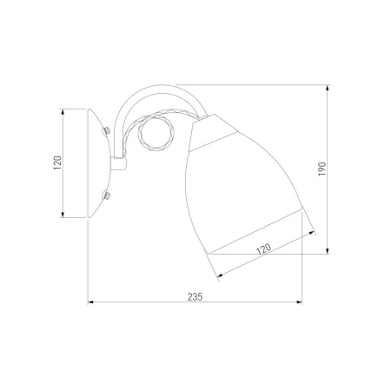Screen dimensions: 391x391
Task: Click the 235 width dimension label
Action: click(x=195, y=296)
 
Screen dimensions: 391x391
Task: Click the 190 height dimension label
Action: click(x=322, y=169)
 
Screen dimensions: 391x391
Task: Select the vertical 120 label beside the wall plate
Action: click(x=58, y=162)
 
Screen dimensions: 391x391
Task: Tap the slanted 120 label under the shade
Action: click(x=263, y=249)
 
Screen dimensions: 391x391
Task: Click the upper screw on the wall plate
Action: click(x=106, y=130)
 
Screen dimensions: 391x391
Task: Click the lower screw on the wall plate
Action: click(x=106, y=195)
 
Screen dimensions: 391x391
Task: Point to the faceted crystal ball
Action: click(x=156, y=133)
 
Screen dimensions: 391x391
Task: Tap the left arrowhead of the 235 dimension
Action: click(x=90, y=302)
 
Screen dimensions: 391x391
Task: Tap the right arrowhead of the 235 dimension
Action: click(x=299, y=302)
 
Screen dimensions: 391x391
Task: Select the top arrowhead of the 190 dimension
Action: click(x=328, y=88)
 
